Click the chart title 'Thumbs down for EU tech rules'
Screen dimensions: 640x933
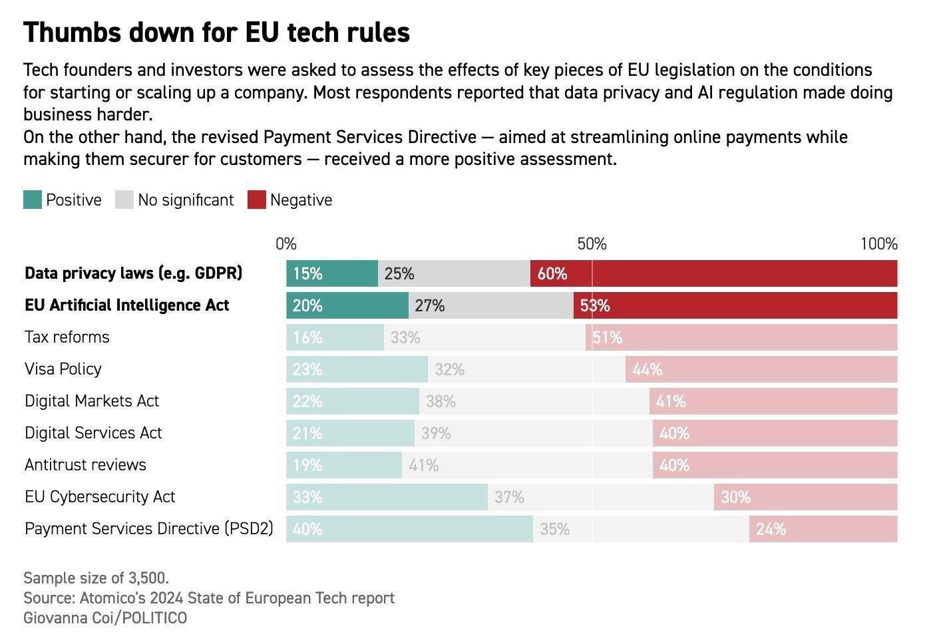tap(216, 33)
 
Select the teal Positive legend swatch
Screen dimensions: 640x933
tap(33, 200)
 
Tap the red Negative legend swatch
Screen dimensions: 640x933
tap(257, 200)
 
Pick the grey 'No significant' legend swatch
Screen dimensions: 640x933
tap(124, 200)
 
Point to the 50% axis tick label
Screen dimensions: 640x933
tap(592, 244)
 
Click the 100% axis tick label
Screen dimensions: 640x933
tap(878, 244)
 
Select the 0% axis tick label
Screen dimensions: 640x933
tap(286, 244)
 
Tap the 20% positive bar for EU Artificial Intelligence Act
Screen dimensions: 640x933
tap(347, 305)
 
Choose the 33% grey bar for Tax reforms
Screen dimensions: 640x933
tap(484, 337)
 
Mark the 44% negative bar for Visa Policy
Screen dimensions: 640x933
tap(761, 369)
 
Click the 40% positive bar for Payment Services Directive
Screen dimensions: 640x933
tap(409, 529)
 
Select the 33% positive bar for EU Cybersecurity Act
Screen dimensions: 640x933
tap(387, 497)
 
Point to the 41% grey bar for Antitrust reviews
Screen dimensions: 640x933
tap(527, 465)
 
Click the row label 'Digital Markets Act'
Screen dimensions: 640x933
tap(92, 401)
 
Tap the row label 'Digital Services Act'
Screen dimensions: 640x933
tap(93, 433)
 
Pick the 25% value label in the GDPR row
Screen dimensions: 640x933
tap(399, 273)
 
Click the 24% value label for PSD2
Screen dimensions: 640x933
tap(771, 529)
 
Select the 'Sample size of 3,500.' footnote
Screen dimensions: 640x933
tap(96, 577)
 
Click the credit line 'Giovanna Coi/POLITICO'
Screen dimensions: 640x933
tap(105, 618)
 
